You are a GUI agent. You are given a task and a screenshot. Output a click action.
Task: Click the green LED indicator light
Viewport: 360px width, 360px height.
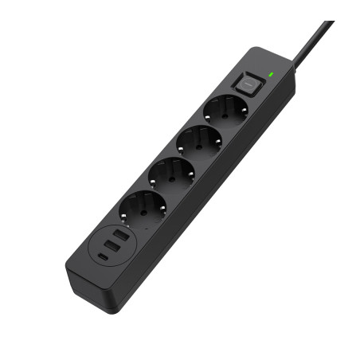[272, 74]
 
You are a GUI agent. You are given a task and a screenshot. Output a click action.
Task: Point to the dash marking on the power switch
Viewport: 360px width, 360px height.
[248, 83]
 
